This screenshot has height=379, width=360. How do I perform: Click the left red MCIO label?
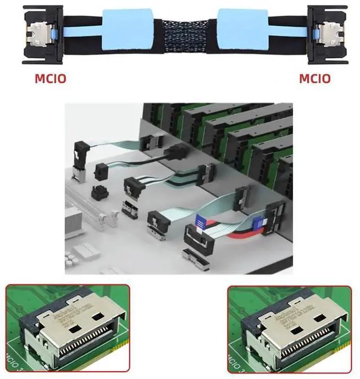click(50, 78)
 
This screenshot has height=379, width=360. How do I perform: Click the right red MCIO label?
click(314, 78)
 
